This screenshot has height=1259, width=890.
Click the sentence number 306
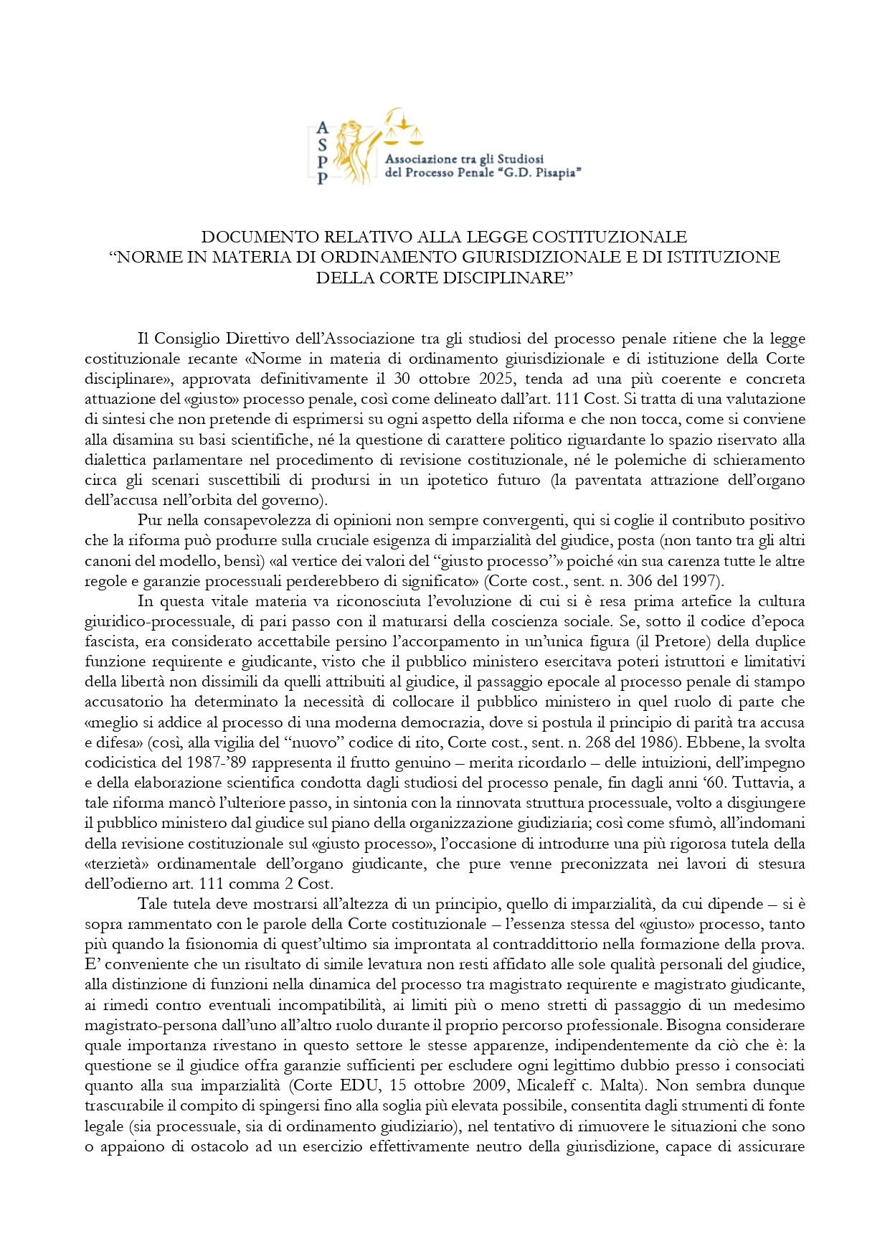(x=652, y=581)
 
